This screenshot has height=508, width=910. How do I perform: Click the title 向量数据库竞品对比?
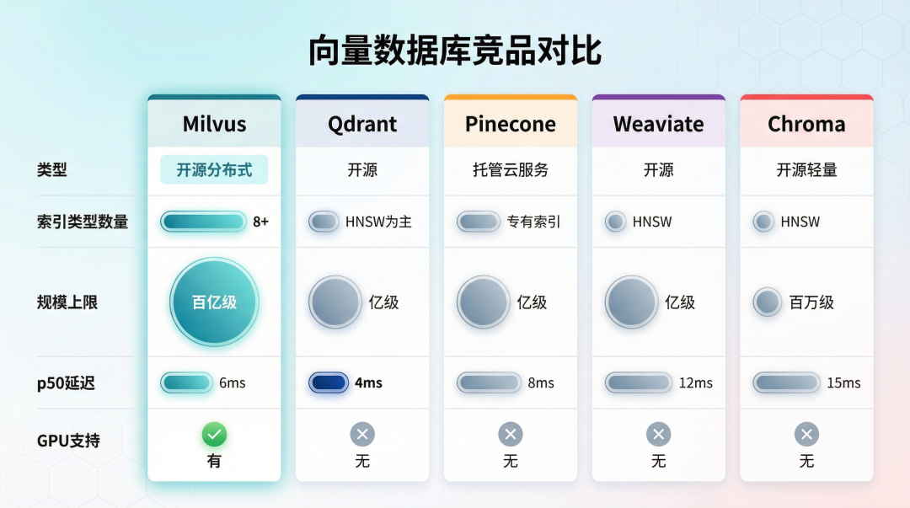455,51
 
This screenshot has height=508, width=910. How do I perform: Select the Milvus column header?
214,124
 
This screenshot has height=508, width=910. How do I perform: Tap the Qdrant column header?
362,124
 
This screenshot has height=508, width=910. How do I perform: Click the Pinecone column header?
511,124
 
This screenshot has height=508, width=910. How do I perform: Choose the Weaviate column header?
658,124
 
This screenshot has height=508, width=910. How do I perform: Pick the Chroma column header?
806,124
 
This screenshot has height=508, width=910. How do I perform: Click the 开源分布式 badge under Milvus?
214,169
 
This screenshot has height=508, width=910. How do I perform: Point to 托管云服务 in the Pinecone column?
511,169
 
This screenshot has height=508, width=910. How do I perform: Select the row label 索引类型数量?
83,222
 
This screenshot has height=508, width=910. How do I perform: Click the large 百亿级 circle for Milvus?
214,302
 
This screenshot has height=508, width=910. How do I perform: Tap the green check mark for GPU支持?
214,435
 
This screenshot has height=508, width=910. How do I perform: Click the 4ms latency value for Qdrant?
368,382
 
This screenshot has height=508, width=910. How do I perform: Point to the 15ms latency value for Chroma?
843,382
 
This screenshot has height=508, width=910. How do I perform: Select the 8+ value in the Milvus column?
260,222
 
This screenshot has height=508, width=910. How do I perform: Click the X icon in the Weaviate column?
658,435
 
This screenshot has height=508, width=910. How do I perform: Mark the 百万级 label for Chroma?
811,302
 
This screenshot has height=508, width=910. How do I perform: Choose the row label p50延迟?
66,383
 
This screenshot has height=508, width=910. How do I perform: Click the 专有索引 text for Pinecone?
533,222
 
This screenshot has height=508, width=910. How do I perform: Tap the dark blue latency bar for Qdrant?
329,382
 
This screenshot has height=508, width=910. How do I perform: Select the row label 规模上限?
67,302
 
